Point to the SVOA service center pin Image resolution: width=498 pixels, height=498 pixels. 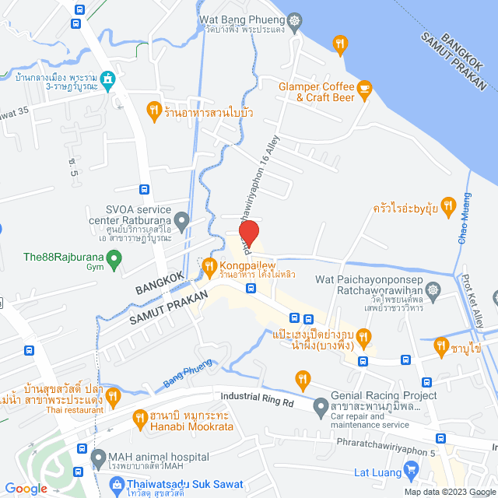coord(182,222)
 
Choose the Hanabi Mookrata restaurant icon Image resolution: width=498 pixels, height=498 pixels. coord(140,418)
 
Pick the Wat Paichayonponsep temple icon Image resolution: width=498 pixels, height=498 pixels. coord(434,291)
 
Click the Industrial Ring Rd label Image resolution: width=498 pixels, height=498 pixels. coord(257,399)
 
